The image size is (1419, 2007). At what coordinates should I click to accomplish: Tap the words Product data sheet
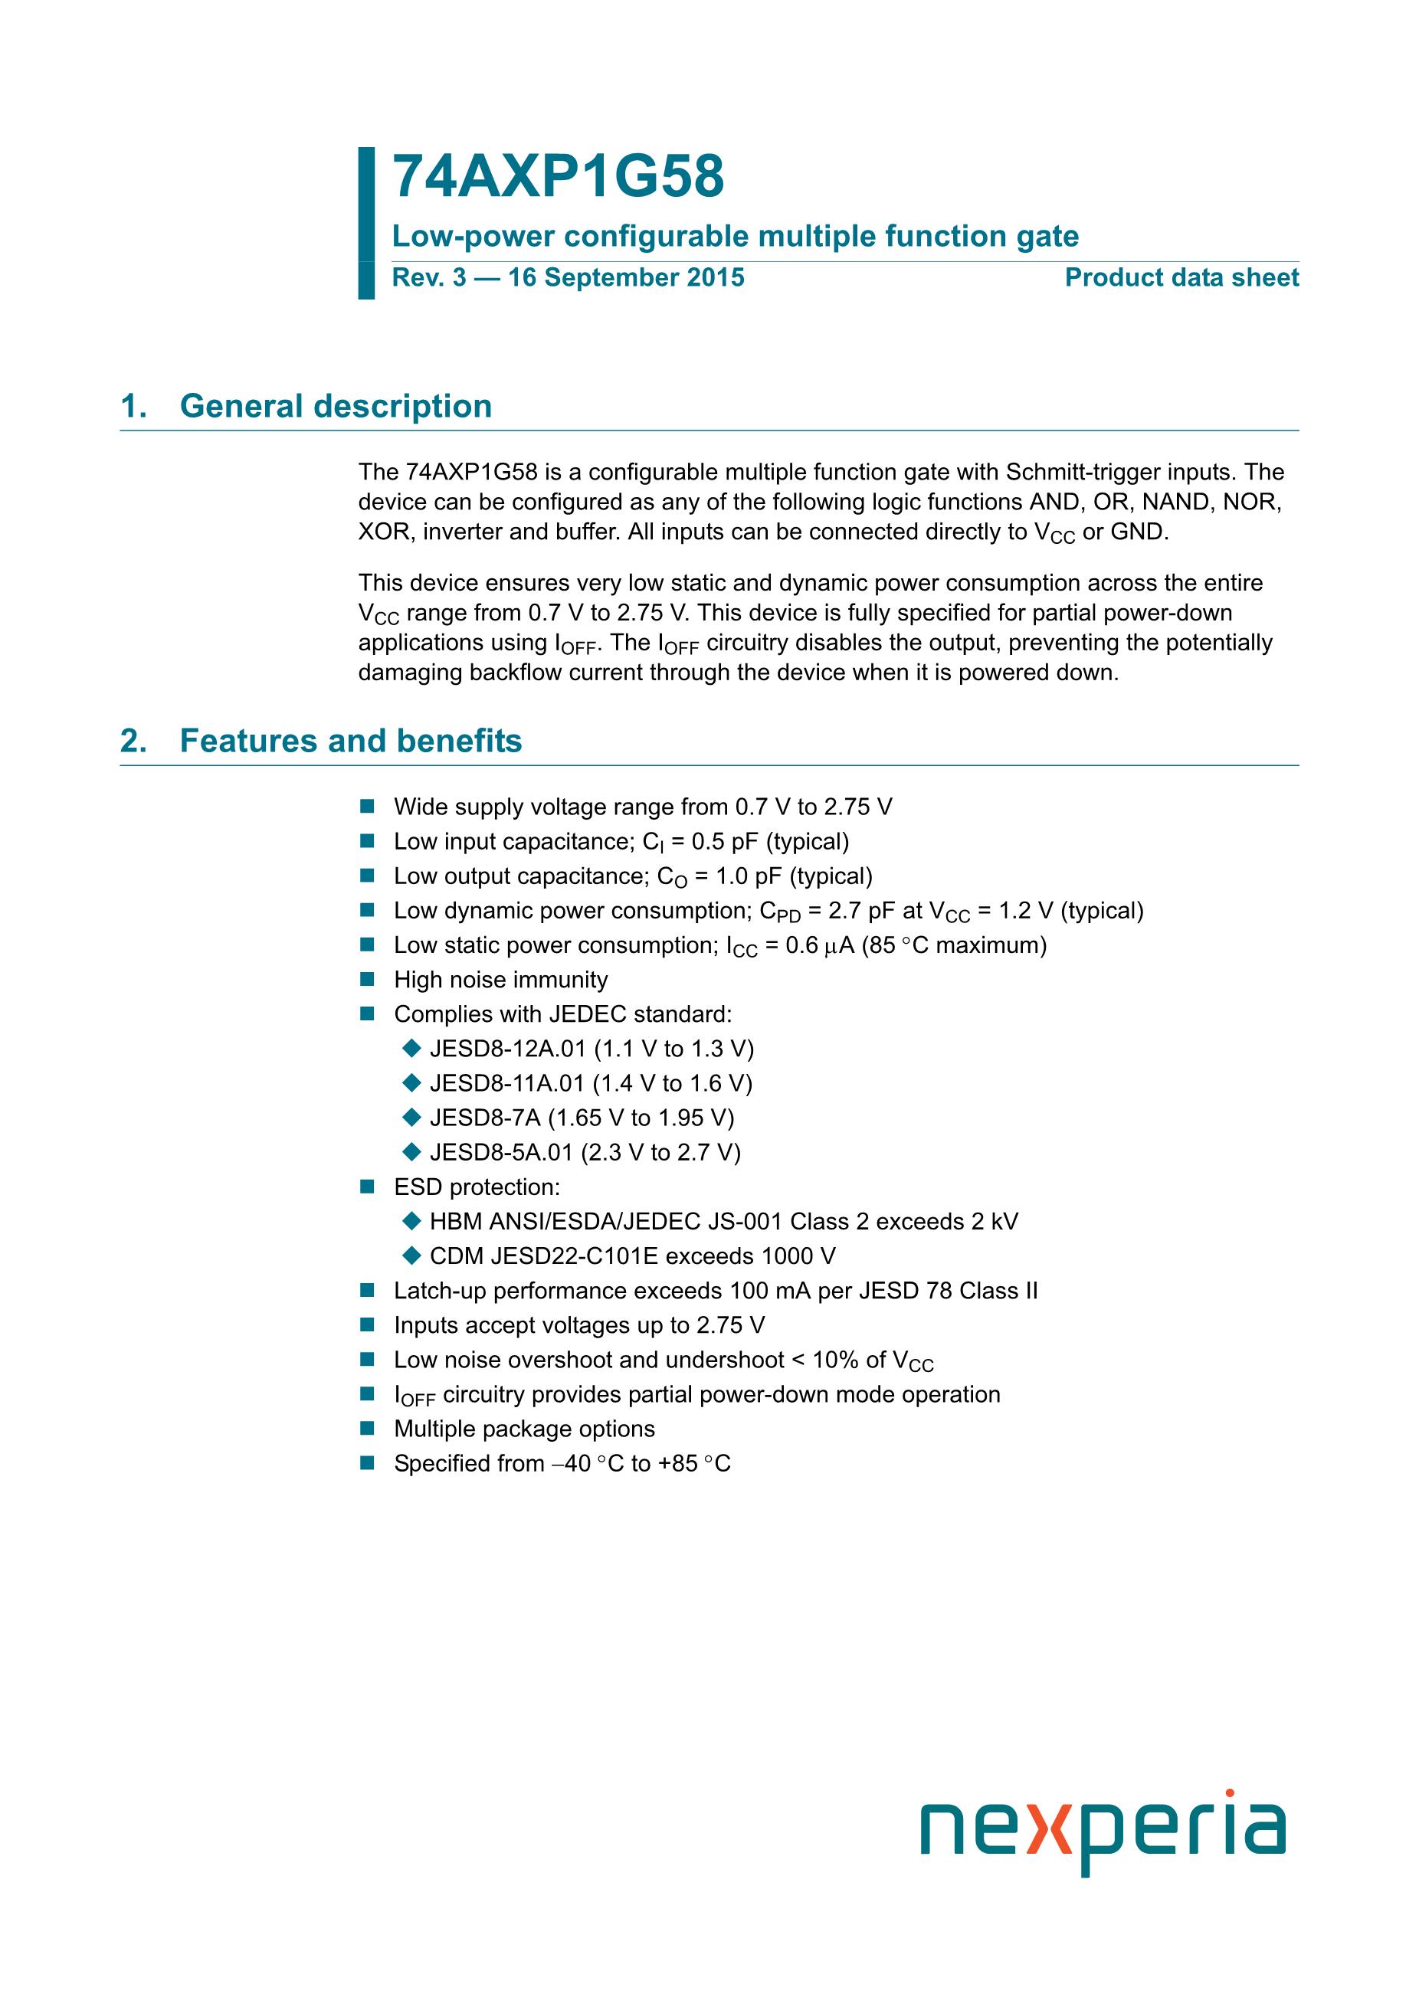pyautogui.click(x=1181, y=278)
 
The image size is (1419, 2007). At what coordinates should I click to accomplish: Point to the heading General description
pyautogui.click(x=336, y=407)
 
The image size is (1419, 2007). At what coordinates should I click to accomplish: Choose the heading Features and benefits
pyautogui.click(x=351, y=742)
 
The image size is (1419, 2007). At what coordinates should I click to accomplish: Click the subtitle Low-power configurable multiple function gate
pyautogui.click(x=736, y=236)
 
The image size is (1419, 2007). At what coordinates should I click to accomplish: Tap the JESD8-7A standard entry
pyautogui.click(x=582, y=1118)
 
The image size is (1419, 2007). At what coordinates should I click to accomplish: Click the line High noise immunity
pyautogui.click(x=500, y=980)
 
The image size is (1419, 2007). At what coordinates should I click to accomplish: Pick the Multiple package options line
pyautogui.click(x=524, y=1429)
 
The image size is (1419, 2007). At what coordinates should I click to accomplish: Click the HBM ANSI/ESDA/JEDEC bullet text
pyautogui.click(x=723, y=1222)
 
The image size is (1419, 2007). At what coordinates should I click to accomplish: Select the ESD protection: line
pyautogui.click(x=477, y=1187)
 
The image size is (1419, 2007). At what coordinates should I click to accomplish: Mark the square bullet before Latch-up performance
pyautogui.click(x=366, y=1291)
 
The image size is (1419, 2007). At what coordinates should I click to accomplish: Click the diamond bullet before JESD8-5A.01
pyautogui.click(x=411, y=1152)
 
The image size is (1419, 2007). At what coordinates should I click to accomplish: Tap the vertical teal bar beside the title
pyautogui.click(x=366, y=224)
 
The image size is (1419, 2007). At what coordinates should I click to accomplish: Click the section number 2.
pyautogui.click(x=133, y=742)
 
